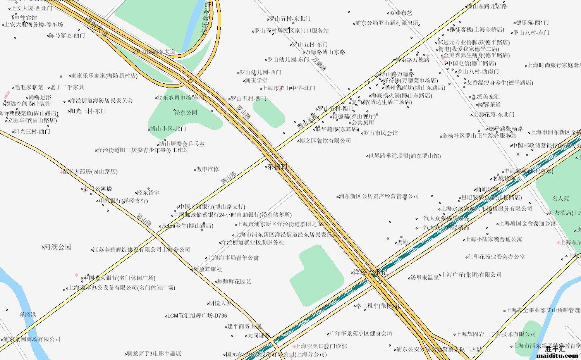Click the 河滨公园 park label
57,247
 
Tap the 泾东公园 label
186,113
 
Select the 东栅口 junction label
277,167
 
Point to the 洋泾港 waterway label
28,315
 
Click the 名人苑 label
560,198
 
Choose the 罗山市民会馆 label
380,133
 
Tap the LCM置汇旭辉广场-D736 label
197,316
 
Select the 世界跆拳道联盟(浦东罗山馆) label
404,156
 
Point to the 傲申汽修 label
208,169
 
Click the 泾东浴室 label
148,193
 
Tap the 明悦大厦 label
220,303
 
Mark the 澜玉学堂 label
256,80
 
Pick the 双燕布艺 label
401,13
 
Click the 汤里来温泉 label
425,277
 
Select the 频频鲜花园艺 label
234,281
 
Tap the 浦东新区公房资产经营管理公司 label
379,196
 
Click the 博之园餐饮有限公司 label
325,141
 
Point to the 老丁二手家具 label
67,87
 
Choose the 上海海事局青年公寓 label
233,258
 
